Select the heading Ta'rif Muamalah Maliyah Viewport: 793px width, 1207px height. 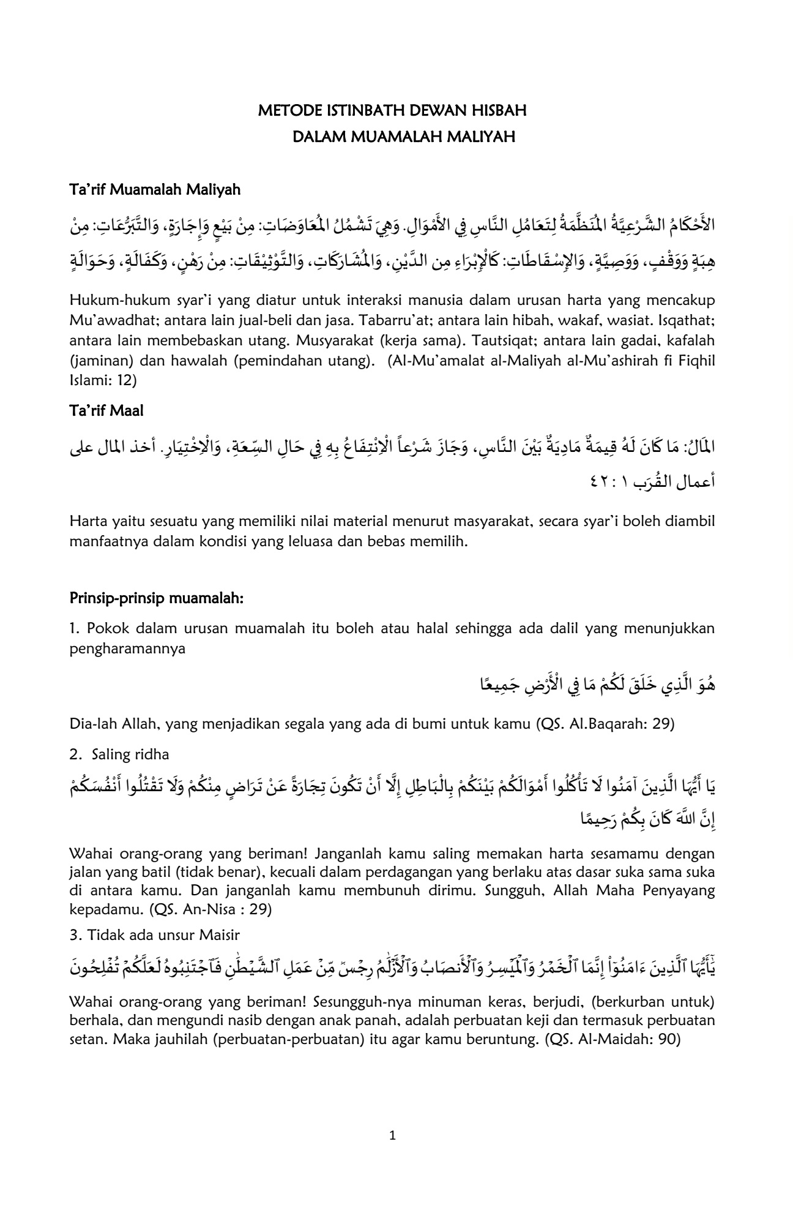155,190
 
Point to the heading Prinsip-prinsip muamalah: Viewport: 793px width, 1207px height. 157,598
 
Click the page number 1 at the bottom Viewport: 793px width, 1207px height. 393,1136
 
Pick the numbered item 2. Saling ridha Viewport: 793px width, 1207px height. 120,754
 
